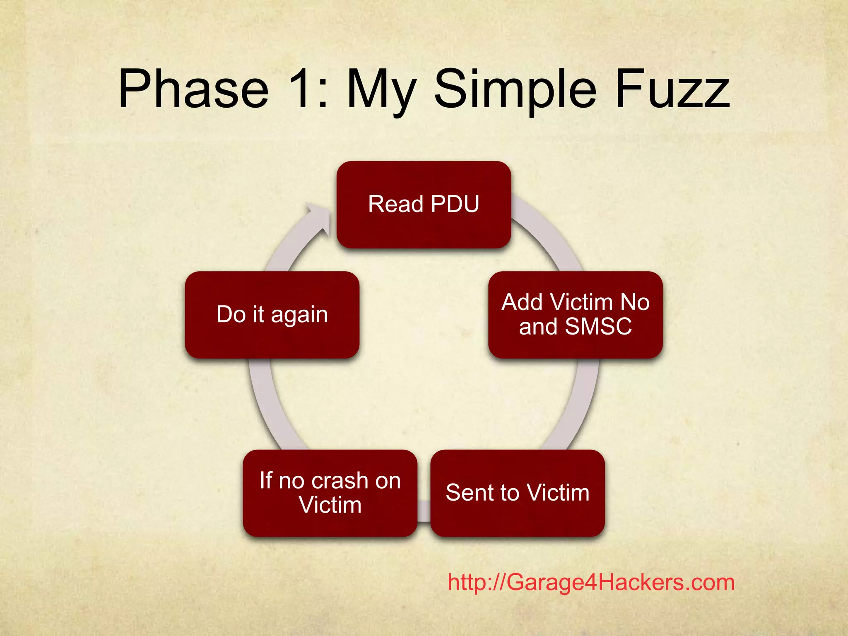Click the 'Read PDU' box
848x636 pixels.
424,205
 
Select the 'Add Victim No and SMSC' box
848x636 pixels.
575,315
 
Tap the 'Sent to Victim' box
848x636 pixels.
518,493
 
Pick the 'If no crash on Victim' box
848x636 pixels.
330,493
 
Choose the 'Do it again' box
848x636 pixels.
272,315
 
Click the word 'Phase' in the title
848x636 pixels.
193,89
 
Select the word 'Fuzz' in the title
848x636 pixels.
672,89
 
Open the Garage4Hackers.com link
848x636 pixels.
591,583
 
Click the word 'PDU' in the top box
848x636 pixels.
455,204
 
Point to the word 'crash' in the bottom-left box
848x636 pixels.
340,481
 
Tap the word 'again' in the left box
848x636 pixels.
299,315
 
